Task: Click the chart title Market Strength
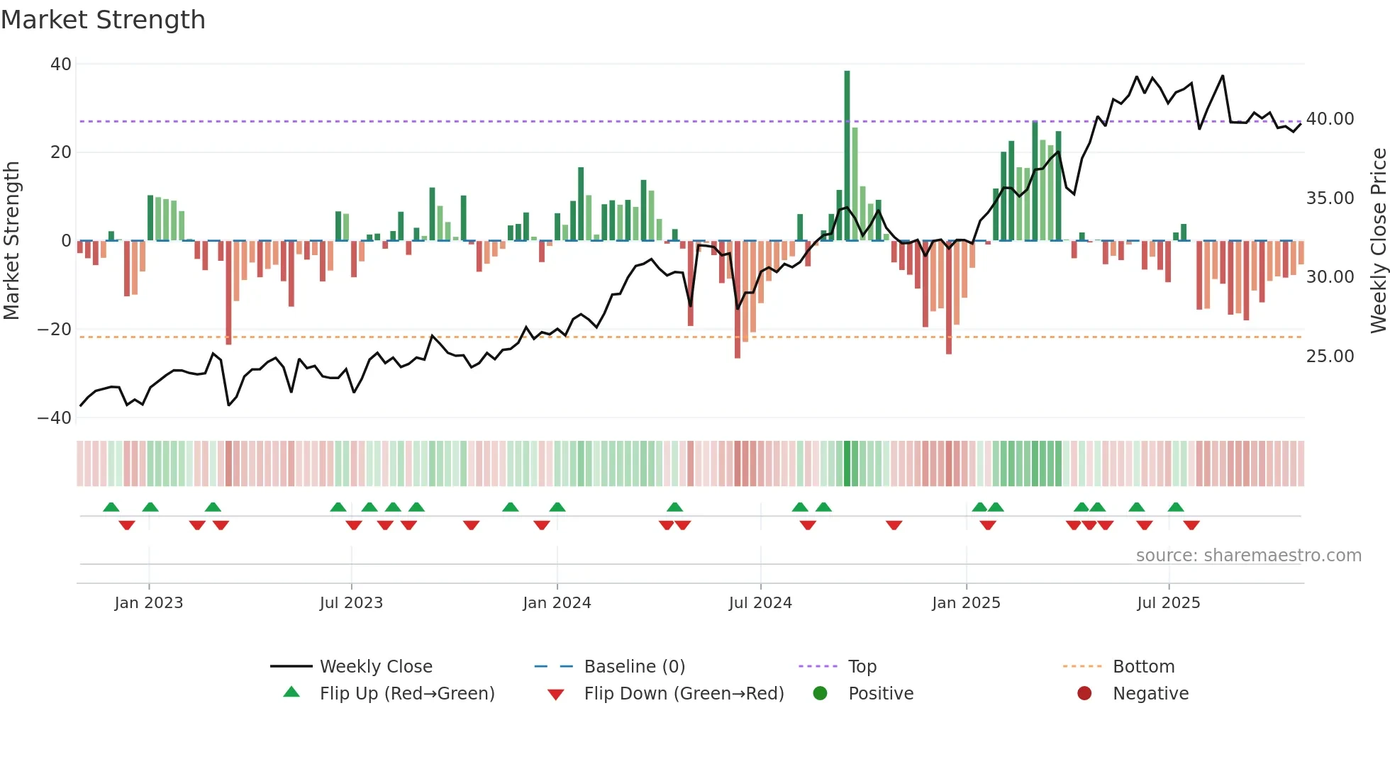[103, 20]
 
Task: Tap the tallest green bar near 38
[847, 156]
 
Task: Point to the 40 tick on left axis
[61, 64]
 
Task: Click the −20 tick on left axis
[55, 330]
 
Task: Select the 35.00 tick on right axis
[1330, 198]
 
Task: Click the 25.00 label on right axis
[1330, 356]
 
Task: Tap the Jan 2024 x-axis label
[557, 603]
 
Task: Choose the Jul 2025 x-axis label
[1168, 603]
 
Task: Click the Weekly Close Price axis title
[1378, 241]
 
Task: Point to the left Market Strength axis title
[11, 241]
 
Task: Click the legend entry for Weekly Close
[376, 667]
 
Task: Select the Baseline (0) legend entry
[634, 667]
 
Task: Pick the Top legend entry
[862, 667]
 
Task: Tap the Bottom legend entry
[1143, 667]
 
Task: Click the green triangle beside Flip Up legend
[291, 692]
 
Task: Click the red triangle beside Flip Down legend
[556, 695]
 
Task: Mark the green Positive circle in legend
[820, 694]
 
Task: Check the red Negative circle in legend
[1084, 694]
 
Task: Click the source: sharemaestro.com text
[1248, 556]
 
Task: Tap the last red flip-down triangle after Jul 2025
[1191, 525]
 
